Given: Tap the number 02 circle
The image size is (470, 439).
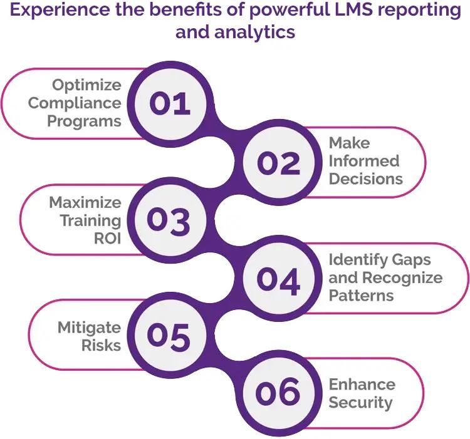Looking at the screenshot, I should point(278,162).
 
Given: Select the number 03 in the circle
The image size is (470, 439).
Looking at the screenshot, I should point(168,220).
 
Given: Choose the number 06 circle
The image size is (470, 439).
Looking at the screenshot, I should point(278,393).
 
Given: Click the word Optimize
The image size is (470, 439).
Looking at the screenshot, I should point(86,85).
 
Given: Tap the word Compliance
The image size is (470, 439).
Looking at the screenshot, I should point(75,103).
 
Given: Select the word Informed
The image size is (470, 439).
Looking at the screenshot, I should point(364,161).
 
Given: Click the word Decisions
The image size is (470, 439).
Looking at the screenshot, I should point(366,179).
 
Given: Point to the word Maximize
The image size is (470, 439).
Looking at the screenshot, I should point(85,202).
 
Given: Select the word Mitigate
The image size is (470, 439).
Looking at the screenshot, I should point(89,327).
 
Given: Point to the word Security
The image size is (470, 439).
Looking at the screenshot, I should point(361,402).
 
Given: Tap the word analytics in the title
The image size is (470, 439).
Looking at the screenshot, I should point(254,31).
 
